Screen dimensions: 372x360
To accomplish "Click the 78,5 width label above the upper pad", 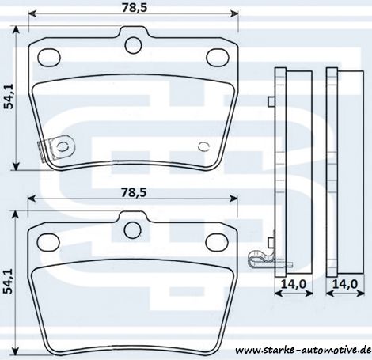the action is click(135, 8).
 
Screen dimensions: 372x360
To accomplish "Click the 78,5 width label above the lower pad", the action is click(134, 192).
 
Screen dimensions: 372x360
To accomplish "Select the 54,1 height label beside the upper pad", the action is click(9, 98).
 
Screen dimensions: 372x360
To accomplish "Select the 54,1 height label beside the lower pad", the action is click(9, 282).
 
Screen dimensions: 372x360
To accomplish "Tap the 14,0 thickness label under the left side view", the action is click(294, 284).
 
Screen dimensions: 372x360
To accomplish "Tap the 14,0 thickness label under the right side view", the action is click(345, 284).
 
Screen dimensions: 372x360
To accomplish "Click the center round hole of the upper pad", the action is click(133, 45).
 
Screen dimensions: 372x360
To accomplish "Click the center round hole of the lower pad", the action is click(132, 229).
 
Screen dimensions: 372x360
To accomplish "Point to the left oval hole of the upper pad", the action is click(49, 57).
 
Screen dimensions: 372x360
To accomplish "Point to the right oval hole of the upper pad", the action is click(218, 57).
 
